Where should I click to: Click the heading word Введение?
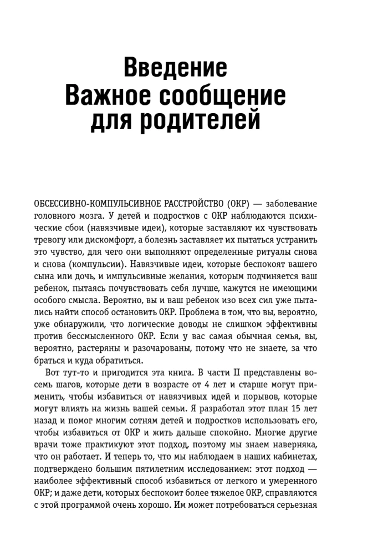pyautogui.click(x=175, y=68)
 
